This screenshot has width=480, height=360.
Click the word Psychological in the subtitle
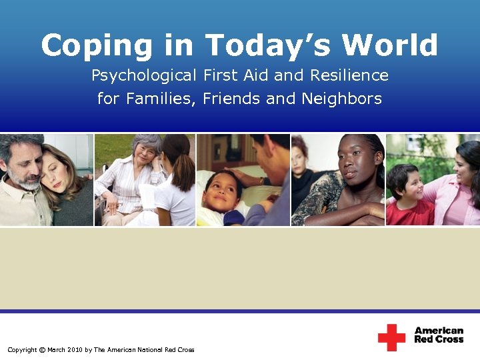click(144, 76)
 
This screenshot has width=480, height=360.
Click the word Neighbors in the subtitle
click(342, 99)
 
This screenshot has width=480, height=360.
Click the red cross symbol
click(391, 337)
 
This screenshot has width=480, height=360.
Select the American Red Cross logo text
click(439, 335)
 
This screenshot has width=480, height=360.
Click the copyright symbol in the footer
click(42, 350)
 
